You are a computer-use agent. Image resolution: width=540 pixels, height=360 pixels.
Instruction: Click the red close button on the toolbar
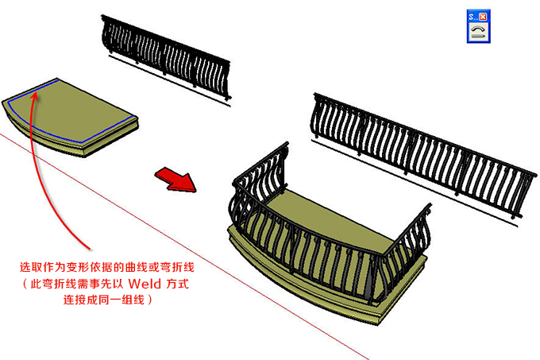coord(483,15)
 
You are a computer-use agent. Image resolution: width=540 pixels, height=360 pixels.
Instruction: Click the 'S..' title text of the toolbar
coord(472,15)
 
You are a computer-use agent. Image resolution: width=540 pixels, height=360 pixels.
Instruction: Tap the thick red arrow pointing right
coord(175,178)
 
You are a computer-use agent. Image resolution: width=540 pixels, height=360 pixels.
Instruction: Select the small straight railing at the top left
coord(165,56)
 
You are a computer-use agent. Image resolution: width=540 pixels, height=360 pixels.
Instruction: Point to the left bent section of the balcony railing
coord(254,191)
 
